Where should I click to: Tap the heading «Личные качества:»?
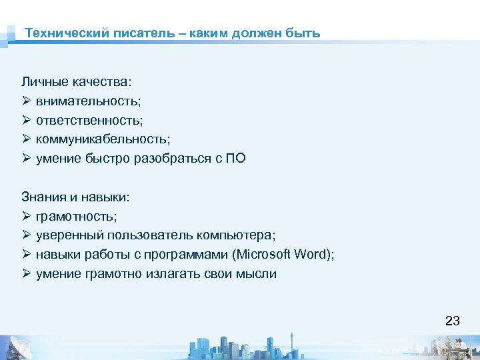click(x=77, y=82)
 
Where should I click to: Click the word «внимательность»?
click(x=87, y=101)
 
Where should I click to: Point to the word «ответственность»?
click(x=89, y=121)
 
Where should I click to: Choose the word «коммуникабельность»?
click(x=103, y=140)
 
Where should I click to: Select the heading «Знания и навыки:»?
click(x=75, y=197)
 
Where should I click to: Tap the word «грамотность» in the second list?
click(x=75, y=217)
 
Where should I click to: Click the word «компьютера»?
click(x=237, y=236)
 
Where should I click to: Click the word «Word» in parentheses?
click(x=313, y=255)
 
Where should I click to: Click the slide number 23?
click(x=452, y=321)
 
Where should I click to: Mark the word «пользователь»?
click(x=148, y=236)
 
